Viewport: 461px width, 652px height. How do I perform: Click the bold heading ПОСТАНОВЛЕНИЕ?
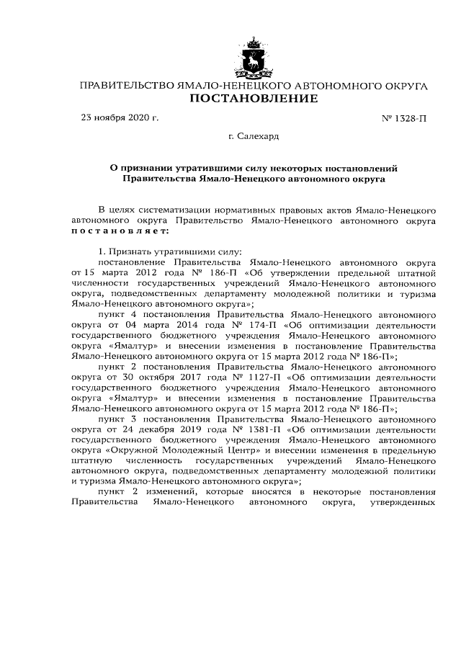point(253,99)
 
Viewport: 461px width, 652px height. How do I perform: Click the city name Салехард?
point(259,135)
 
